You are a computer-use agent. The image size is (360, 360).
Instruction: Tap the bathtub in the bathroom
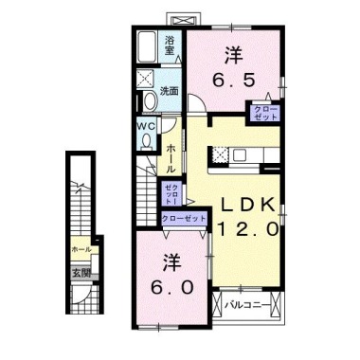[148, 45]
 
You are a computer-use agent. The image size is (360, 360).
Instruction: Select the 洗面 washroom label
[171, 91]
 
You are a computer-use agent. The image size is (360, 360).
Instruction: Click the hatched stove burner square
[218, 153]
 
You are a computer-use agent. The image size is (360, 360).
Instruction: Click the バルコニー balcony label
[248, 304]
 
